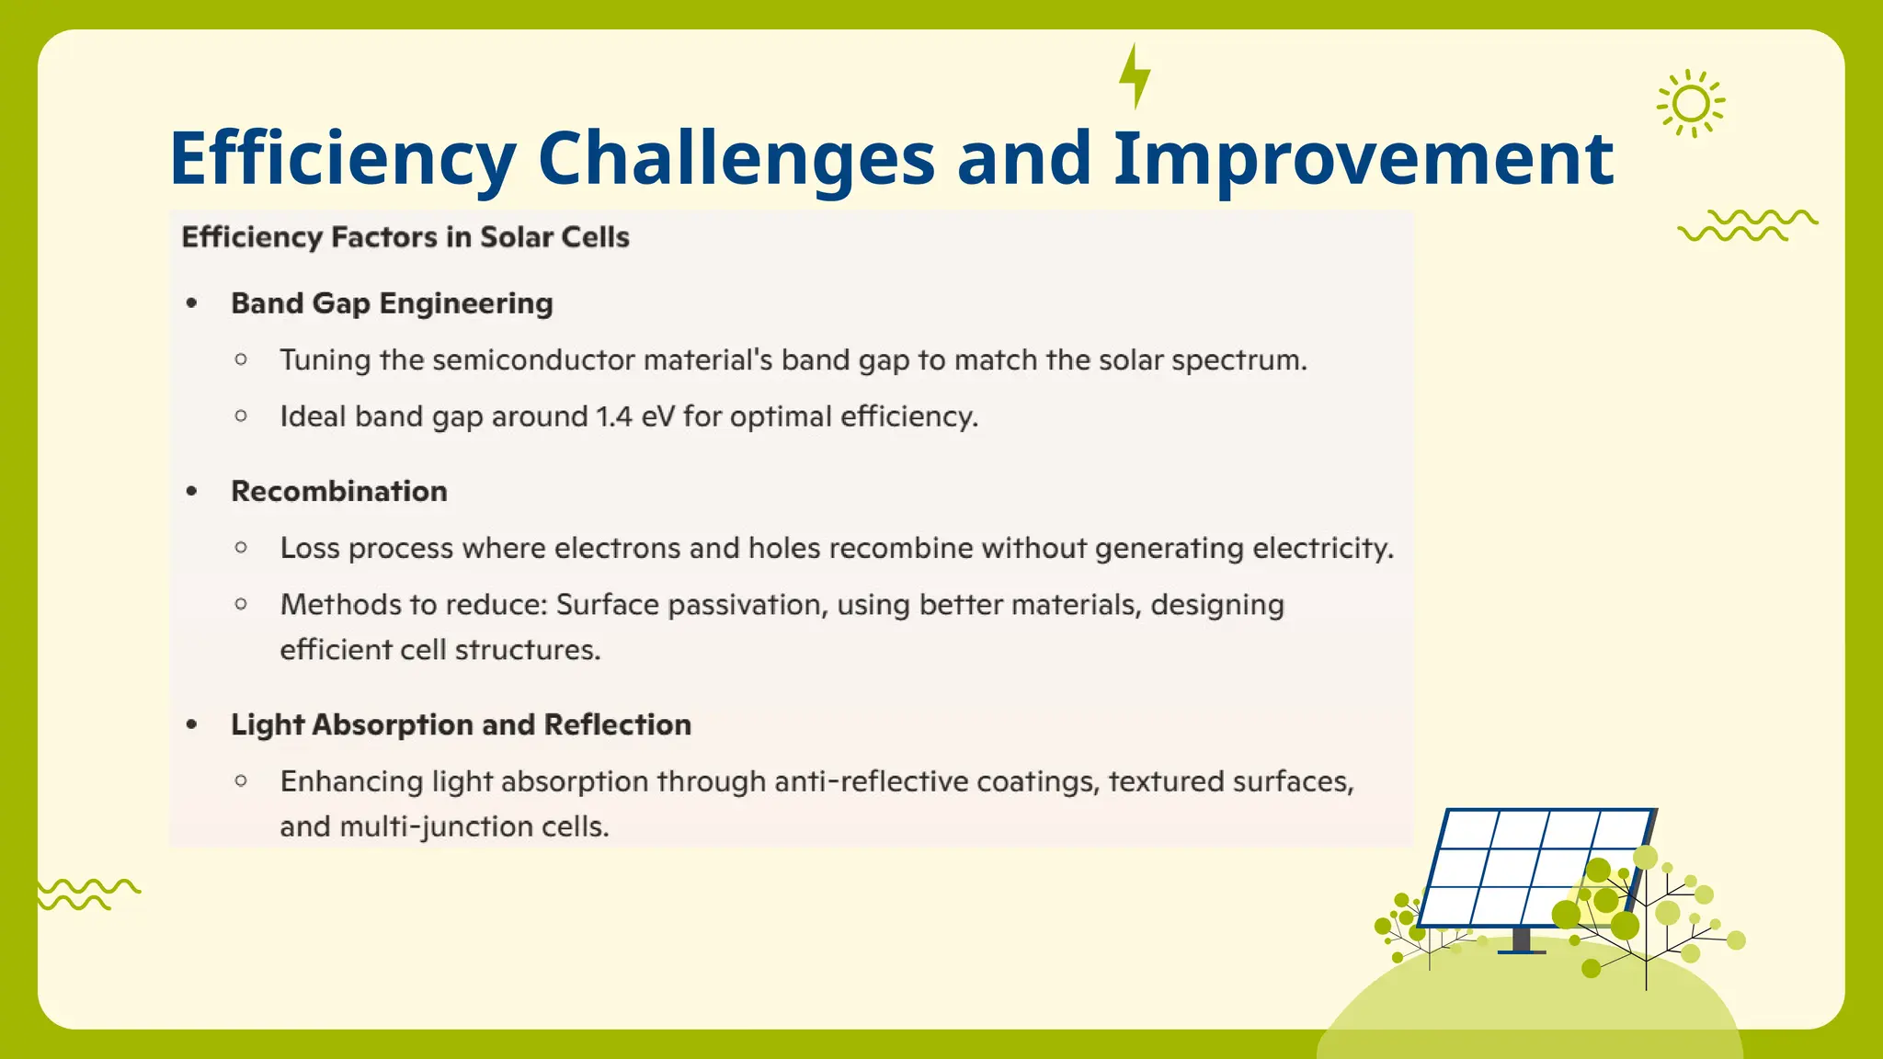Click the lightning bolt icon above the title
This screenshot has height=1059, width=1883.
point(1135,76)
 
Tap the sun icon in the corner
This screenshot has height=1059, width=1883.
point(1690,104)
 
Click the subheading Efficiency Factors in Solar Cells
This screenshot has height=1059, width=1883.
point(405,237)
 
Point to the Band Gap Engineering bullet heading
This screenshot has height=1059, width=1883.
point(392,303)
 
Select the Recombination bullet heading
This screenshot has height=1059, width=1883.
point(338,491)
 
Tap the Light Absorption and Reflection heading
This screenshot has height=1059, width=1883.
point(461,724)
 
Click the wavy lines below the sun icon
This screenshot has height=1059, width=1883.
point(1747,225)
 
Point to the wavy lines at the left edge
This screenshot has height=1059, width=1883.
point(87,894)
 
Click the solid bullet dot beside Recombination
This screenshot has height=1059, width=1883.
point(191,492)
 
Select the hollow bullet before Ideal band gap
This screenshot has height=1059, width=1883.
point(241,416)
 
